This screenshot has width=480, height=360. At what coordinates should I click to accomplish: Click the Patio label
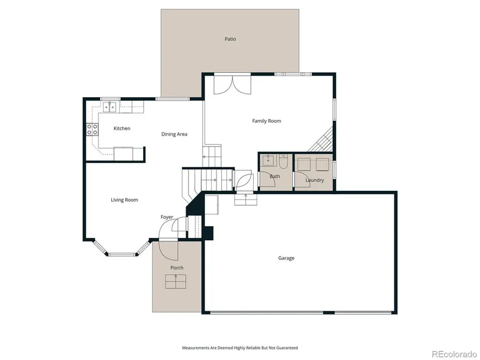(x=230, y=39)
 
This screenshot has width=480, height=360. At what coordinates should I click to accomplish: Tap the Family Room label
(x=266, y=121)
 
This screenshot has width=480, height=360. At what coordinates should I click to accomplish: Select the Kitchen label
(x=122, y=129)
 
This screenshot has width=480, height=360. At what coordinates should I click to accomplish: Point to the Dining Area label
(x=174, y=134)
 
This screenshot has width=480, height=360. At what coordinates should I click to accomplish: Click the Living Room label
(x=125, y=200)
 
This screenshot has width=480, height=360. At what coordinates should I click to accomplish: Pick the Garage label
(x=286, y=258)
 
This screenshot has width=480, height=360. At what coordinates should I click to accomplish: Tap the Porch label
(x=177, y=268)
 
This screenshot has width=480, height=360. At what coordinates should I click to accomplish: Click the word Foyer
(x=167, y=217)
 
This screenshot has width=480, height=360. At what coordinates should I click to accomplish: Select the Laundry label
(x=315, y=180)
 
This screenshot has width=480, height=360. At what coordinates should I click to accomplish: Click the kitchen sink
(x=110, y=107)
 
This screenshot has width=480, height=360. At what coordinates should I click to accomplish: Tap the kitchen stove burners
(x=92, y=129)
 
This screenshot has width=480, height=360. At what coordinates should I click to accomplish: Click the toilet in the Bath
(x=283, y=161)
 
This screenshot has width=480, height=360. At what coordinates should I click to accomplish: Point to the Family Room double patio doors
(x=232, y=84)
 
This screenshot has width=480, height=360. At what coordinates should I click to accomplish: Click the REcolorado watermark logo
(x=454, y=354)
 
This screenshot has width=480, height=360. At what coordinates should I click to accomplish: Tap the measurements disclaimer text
(x=240, y=348)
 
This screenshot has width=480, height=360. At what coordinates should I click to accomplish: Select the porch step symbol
(x=176, y=281)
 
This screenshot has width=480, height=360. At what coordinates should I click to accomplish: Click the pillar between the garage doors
(x=329, y=312)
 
